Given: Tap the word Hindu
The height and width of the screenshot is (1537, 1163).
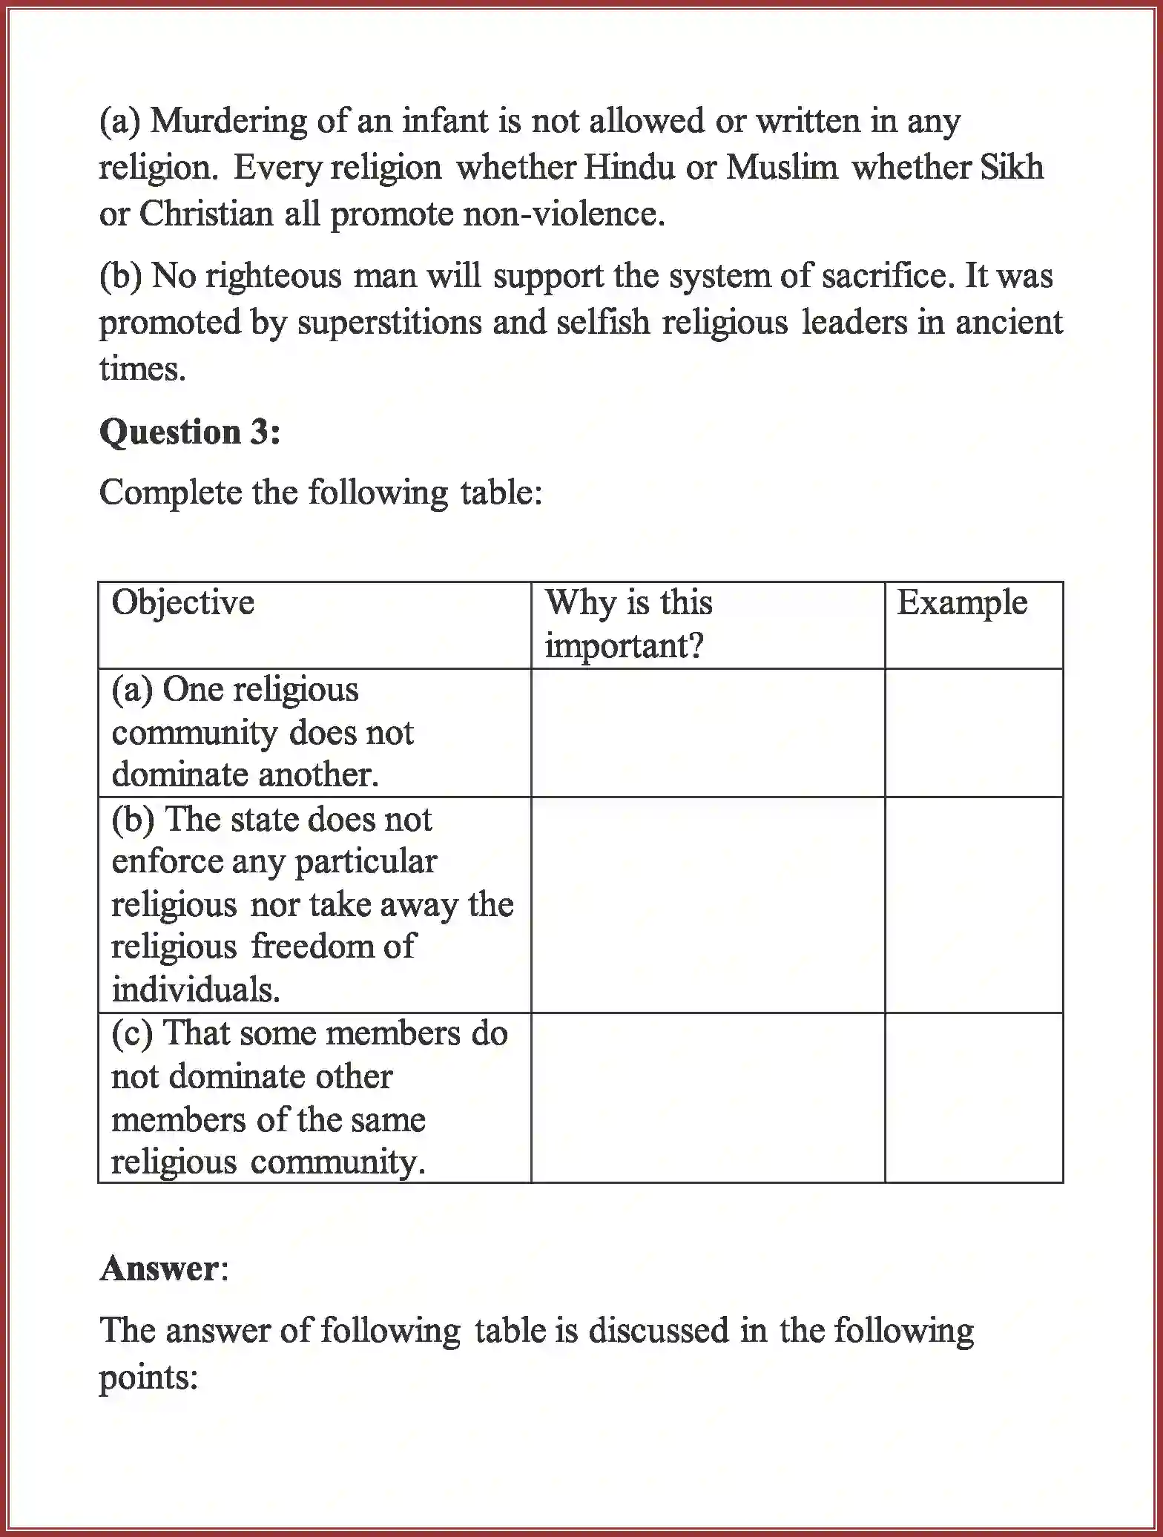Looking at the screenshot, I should [629, 168].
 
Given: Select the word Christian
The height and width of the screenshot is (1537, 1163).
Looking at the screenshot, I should [206, 214].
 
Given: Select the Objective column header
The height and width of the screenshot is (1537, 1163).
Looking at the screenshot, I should [182, 602].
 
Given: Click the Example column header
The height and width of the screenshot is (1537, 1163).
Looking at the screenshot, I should [962, 602].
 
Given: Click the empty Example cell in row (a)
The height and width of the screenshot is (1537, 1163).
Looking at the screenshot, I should [973, 733].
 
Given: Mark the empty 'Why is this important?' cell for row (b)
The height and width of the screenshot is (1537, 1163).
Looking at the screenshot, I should [708, 904].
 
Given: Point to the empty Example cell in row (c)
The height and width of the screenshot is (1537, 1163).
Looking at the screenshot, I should [973, 1097].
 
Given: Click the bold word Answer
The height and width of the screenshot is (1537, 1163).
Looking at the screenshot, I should [159, 1269].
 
